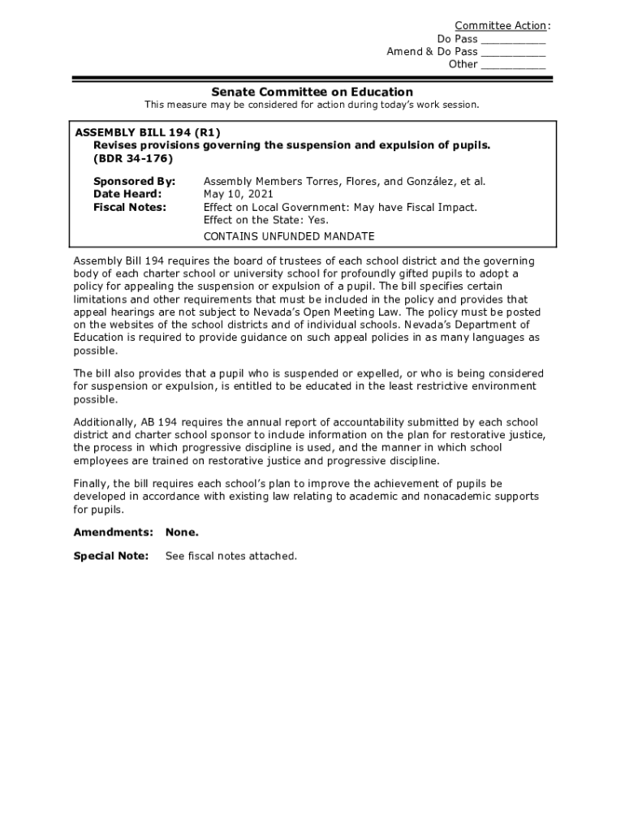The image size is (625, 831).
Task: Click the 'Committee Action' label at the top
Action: [x=500, y=26]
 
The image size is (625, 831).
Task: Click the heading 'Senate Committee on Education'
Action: [x=312, y=92]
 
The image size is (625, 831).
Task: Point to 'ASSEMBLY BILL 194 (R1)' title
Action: [x=148, y=132]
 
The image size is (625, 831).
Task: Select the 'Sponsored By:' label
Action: [x=134, y=182]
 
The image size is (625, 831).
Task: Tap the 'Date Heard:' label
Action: [x=127, y=194]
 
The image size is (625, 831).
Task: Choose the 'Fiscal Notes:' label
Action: [x=130, y=207]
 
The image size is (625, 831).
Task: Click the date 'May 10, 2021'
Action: [x=239, y=194]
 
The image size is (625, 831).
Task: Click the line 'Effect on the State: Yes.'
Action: [x=265, y=220]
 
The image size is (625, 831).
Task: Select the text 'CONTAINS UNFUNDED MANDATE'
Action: [x=289, y=236]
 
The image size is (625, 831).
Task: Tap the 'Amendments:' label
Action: [x=113, y=532]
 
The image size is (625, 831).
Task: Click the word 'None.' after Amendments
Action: [x=182, y=532]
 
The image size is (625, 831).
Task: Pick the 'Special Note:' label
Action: [x=111, y=556]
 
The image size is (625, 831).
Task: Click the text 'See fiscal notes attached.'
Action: [x=231, y=556]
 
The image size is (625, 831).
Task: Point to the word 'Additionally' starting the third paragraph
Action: [x=101, y=423]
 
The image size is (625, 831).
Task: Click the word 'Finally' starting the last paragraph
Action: [x=91, y=484]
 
